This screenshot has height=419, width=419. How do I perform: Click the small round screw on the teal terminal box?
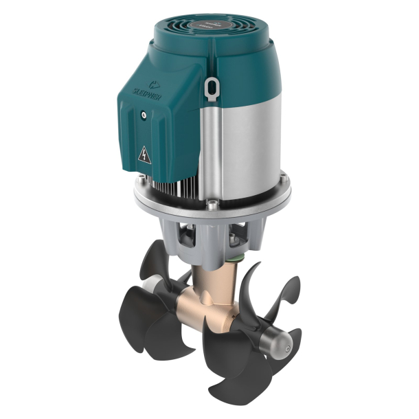pyautogui.click(x=143, y=115)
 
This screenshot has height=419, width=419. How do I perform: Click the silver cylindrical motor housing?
pyautogui.click(x=244, y=137)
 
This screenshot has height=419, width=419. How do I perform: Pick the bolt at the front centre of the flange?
pyautogui.click(x=212, y=203)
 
